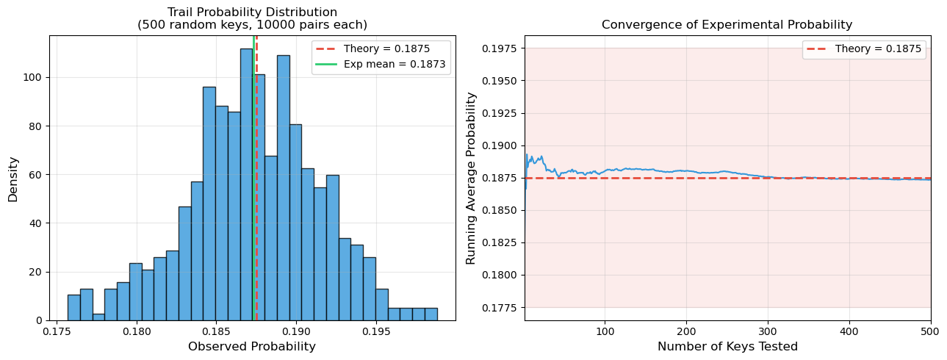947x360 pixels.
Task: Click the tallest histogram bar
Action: point(246,184)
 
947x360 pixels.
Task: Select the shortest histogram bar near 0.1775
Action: point(98,317)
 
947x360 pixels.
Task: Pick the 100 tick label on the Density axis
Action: point(34,77)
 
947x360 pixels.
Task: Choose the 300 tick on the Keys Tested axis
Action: point(768,331)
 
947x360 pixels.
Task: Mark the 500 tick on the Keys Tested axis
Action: point(930,331)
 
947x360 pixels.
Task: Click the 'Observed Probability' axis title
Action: point(252,346)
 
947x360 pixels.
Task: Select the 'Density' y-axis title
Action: point(13,178)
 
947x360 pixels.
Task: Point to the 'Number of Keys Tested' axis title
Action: point(727,346)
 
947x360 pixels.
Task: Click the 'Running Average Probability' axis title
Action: point(471,178)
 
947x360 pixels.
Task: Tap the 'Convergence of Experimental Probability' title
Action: point(727,25)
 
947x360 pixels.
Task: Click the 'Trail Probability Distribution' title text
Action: point(252,12)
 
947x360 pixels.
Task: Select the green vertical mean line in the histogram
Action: point(253,220)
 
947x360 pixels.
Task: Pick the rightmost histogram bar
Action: point(431,314)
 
